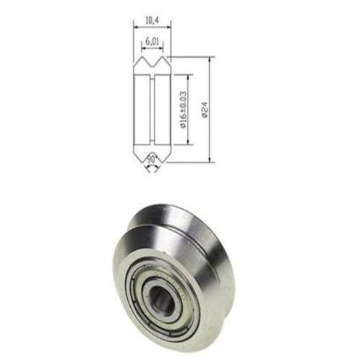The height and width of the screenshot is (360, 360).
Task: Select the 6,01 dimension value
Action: pos(152,43)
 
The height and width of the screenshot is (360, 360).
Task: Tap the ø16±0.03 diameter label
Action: pos(184,108)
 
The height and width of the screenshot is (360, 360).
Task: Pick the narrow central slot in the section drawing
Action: pos(152,108)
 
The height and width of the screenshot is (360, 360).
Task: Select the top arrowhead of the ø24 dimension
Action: pos(209,60)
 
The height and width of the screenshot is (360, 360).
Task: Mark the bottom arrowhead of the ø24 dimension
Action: pos(209,158)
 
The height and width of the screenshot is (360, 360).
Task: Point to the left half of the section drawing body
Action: pos(140,108)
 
